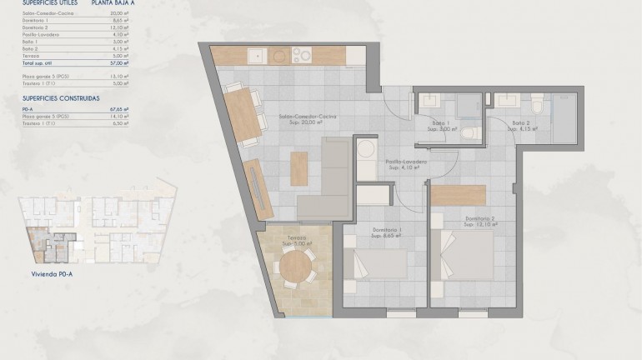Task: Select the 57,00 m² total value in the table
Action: tap(120, 62)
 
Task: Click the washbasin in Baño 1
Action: tap(432, 101)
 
